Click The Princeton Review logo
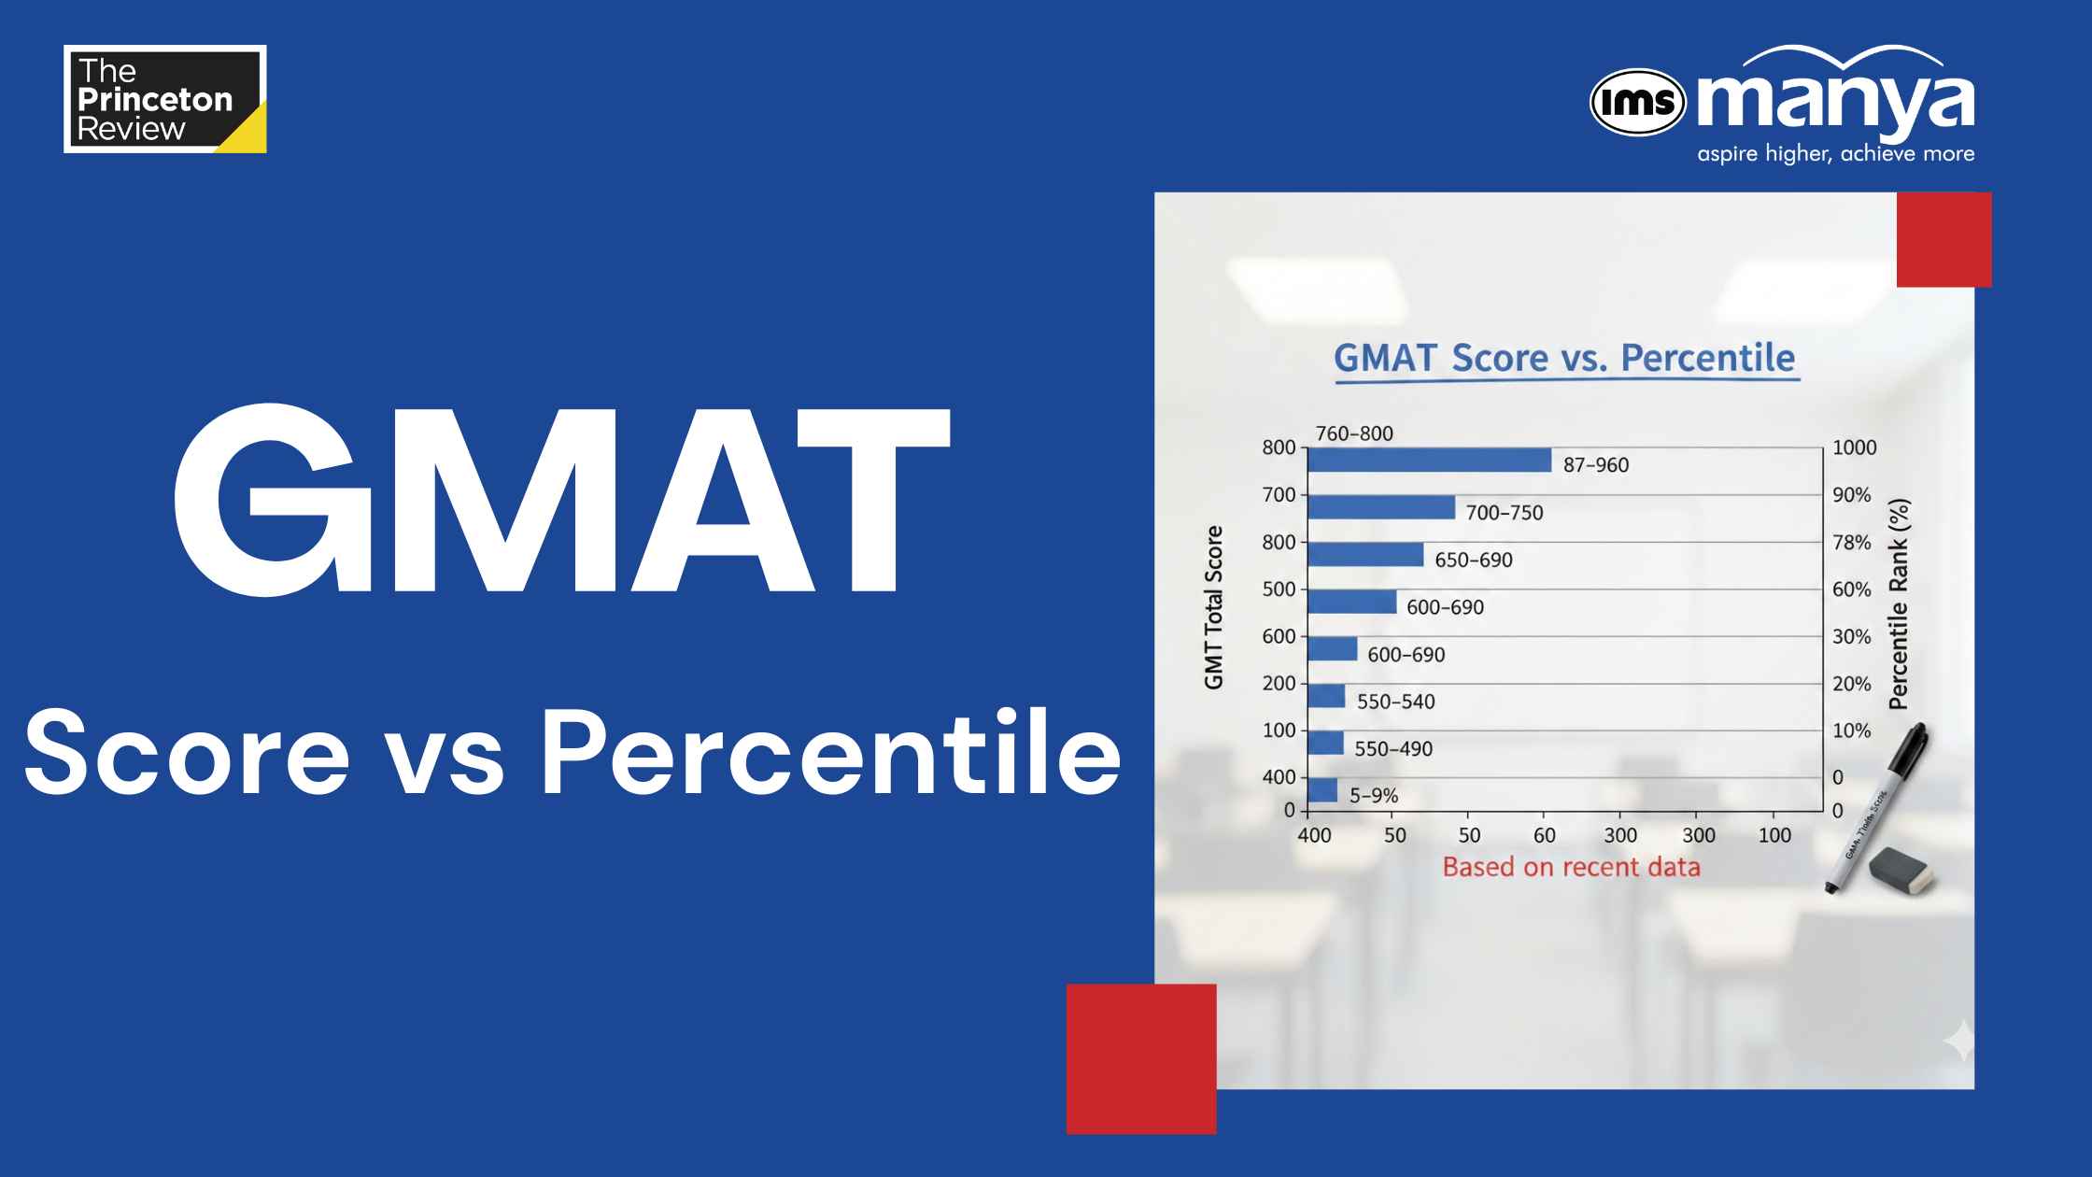[x=165, y=99]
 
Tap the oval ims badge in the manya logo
[x=1638, y=102]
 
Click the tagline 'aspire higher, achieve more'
[x=1835, y=154]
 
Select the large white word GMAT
[x=562, y=501]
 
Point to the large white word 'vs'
[x=445, y=753]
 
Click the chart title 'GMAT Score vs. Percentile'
[x=1564, y=358]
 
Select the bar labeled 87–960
[x=1430, y=461]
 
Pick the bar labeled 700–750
[x=1381, y=507]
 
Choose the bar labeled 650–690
[x=1365, y=555]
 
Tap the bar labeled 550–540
[x=1326, y=696]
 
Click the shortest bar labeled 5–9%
[x=1322, y=790]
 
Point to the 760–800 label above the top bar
[x=1354, y=433]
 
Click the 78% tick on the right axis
[x=1852, y=543]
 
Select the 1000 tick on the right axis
[x=1855, y=447]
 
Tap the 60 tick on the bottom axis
[x=1545, y=835]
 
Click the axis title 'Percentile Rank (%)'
[x=1900, y=604]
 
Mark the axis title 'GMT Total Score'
[x=1213, y=608]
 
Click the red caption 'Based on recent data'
[x=1572, y=867]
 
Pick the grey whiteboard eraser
[x=1901, y=872]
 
